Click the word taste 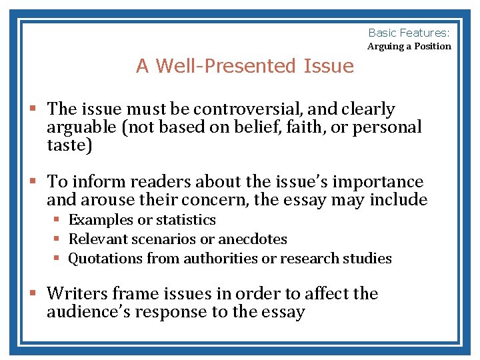(x=67, y=145)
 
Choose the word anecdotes (x=253, y=239)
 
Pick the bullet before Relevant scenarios (x=57, y=239)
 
